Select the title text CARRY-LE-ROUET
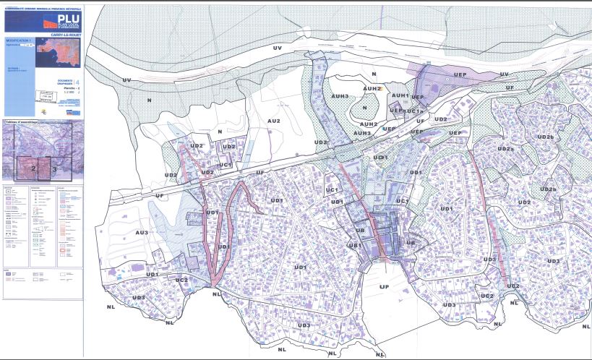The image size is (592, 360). (64, 34)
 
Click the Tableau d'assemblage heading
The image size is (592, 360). (20, 121)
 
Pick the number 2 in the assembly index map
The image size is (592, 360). (33, 168)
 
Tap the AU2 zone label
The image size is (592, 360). (273, 121)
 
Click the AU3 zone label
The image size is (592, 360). (142, 232)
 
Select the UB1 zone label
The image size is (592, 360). (355, 246)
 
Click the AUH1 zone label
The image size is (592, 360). (400, 95)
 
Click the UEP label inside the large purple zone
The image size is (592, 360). (460, 74)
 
